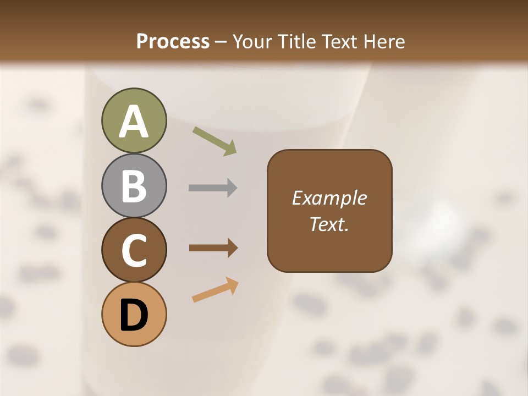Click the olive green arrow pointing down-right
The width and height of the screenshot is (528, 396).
point(215,141)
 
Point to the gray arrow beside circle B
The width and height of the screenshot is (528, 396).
point(213,188)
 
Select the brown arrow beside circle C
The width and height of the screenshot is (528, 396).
point(213,248)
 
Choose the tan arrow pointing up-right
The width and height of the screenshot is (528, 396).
point(215,289)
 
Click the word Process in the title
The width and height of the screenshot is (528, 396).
point(173,42)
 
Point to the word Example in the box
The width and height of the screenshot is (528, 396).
point(329,198)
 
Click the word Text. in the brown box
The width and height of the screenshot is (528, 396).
point(329,224)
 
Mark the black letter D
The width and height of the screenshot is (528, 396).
point(134,316)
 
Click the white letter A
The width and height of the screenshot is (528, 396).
point(134,122)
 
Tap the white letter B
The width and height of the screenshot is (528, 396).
point(134,186)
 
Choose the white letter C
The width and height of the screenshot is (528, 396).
point(134,250)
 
